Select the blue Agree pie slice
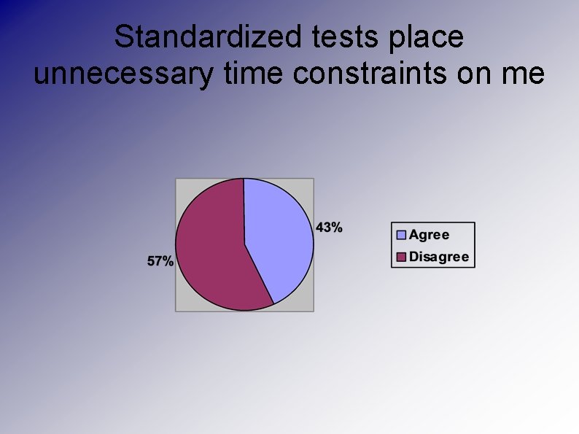(x=281, y=233)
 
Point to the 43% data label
(x=329, y=227)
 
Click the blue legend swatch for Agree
(x=401, y=235)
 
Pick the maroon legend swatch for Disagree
(x=401, y=257)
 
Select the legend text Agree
(x=429, y=235)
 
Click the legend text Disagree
(x=439, y=257)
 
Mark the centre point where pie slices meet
(x=244, y=244)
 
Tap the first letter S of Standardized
(x=123, y=37)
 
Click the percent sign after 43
(x=335, y=227)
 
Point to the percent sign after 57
(x=167, y=261)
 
